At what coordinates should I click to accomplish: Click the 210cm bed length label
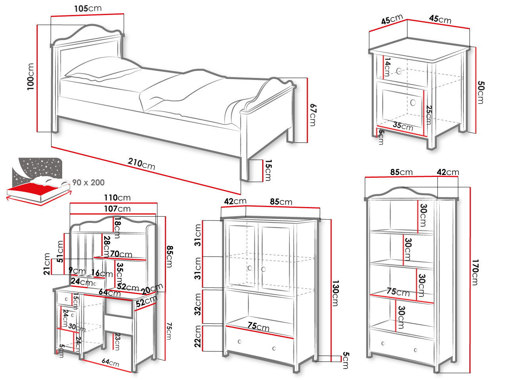pyautogui.click(x=141, y=164)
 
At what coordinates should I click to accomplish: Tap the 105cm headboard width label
pyautogui.click(x=88, y=9)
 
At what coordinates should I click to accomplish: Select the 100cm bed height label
pyautogui.click(x=30, y=77)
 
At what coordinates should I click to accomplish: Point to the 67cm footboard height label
pyautogui.click(x=313, y=115)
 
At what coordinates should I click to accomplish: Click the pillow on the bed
pyautogui.click(x=103, y=69)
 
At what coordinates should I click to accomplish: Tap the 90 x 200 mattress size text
pyautogui.click(x=88, y=182)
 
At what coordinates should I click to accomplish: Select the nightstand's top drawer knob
pyautogui.click(x=399, y=71)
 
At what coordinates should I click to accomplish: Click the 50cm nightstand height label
pyautogui.click(x=481, y=92)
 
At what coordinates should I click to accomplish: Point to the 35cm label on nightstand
pyautogui.click(x=403, y=126)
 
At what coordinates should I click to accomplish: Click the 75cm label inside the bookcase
pyautogui.click(x=398, y=292)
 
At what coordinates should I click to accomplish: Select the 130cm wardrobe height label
pyautogui.click(x=335, y=293)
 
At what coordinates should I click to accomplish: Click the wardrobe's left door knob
pyautogui.click(x=250, y=268)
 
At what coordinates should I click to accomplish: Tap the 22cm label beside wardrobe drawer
pyautogui.click(x=198, y=336)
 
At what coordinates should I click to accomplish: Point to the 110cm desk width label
pyautogui.click(x=117, y=198)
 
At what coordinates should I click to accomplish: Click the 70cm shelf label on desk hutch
pyautogui.click(x=121, y=254)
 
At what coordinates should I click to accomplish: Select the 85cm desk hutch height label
pyautogui.click(x=170, y=256)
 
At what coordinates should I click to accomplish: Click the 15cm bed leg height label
pyautogui.click(x=268, y=170)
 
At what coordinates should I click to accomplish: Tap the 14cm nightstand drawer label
pyautogui.click(x=387, y=67)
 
